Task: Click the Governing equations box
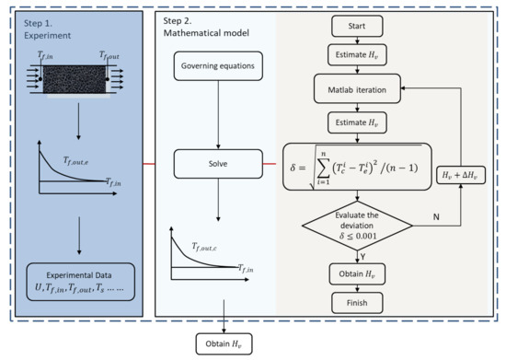point(216,66)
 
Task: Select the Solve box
point(216,167)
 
